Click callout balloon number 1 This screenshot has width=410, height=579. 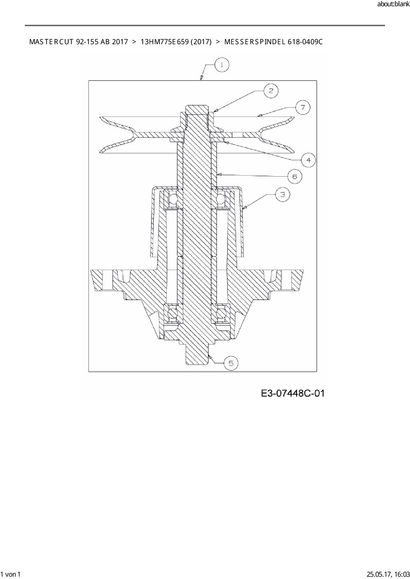click(x=222, y=65)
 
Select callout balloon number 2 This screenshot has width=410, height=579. click(x=271, y=90)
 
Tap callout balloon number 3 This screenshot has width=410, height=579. click(x=282, y=194)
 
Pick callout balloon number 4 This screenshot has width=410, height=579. click(x=308, y=160)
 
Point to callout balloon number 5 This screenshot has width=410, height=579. click(x=231, y=363)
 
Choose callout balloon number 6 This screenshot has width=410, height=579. click(x=295, y=176)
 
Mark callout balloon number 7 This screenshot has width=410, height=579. click(x=303, y=107)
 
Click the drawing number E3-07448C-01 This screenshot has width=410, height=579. click(x=293, y=393)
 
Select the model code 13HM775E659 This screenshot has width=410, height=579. click(x=164, y=42)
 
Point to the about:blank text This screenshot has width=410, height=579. click(x=393, y=4)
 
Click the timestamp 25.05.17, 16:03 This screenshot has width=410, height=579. click(x=389, y=574)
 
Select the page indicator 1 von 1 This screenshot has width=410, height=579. click(x=11, y=574)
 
